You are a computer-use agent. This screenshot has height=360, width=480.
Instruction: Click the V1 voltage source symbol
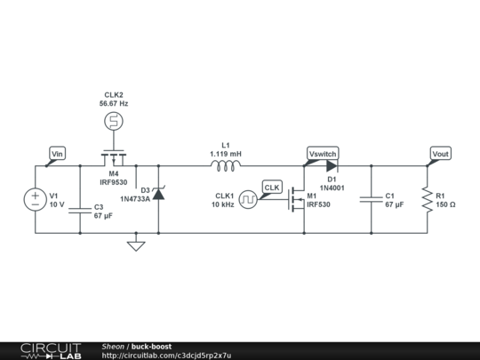point(36,200)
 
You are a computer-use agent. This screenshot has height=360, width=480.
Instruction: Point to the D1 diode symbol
point(332,165)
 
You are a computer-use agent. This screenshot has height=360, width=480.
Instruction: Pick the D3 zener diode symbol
point(158,193)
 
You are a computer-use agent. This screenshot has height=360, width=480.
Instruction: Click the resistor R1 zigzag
point(427,199)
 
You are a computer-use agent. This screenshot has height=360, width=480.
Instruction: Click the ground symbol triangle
point(135,244)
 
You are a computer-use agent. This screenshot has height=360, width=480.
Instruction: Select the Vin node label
point(57,154)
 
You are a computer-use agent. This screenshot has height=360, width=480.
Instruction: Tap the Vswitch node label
point(322,154)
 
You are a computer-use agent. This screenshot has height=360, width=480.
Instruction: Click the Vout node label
point(440,154)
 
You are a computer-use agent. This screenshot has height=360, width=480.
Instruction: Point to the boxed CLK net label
point(272,188)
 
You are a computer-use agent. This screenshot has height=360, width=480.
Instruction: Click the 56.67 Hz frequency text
point(114,103)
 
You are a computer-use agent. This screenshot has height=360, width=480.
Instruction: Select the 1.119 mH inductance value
point(226,153)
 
